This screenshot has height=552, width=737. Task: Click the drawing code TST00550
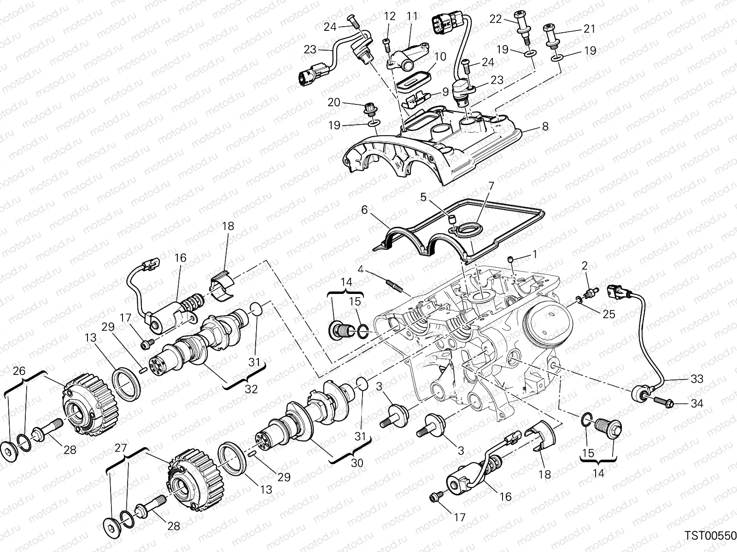[x=710, y=535]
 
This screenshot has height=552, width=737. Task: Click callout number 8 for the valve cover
[x=545, y=126]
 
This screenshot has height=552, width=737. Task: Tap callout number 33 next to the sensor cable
[x=697, y=379]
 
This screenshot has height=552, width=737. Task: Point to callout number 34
[x=697, y=404]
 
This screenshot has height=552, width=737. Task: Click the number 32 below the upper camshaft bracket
[x=251, y=389]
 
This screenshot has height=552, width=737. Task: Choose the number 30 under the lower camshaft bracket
[x=357, y=463]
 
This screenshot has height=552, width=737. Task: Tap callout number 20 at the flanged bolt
[x=334, y=102]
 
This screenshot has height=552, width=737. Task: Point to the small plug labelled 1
[x=510, y=261]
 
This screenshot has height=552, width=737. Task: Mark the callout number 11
[x=412, y=16]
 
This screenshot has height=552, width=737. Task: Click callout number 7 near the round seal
[x=478, y=186]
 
